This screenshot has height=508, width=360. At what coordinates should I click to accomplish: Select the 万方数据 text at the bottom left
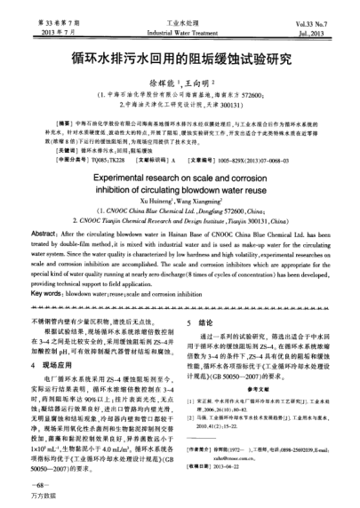pos(43,499)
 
